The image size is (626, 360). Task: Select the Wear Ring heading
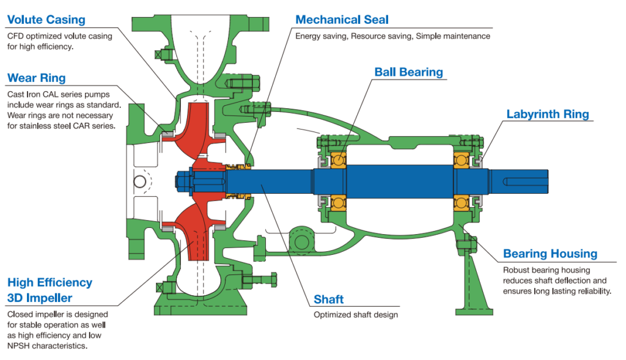coord(36,78)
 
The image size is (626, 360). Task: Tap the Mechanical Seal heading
coord(342,20)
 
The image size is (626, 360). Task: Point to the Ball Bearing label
coord(408,72)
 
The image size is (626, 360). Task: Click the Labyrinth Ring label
coord(548,114)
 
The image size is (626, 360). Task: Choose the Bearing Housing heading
coord(550,254)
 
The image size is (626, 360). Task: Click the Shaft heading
coord(328,299)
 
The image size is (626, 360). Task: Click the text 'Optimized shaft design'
coord(356,315)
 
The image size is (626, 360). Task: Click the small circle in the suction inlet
coord(139,182)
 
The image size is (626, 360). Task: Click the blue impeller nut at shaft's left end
coord(183,182)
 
